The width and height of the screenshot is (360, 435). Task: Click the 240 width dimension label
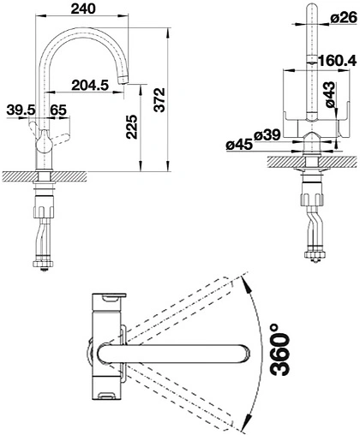[x=83, y=9]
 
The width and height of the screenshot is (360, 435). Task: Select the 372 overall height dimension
[x=159, y=99]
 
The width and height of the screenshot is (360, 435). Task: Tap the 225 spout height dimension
[x=132, y=127]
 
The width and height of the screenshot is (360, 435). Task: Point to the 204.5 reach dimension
[x=90, y=85]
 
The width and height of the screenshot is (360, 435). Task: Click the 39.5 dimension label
[x=21, y=110]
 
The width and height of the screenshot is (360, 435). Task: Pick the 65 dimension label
[x=58, y=110]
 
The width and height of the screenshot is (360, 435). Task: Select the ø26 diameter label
[x=344, y=19]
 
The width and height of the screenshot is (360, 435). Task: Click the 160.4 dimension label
[x=337, y=61]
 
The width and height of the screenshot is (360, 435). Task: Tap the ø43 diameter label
[x=330, y=95]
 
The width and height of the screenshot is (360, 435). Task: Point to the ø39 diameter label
[x=267, y=135]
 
